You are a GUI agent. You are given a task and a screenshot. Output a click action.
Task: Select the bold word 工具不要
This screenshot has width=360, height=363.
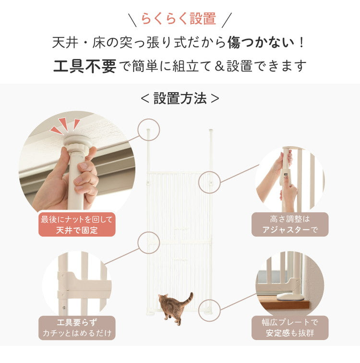pos(84,66)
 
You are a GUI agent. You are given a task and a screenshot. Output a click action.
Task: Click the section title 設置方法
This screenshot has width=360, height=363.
pos(180,99)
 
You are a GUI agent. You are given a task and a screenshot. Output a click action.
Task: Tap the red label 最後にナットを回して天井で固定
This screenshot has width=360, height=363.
pos(77,224)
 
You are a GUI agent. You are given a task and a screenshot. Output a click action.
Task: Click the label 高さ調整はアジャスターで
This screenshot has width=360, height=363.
pos(290,224)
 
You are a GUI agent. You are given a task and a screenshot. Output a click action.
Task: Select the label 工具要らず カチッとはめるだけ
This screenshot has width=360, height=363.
pos(77,328)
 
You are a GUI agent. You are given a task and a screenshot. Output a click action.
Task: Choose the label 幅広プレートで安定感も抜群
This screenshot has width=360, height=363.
pos(290,328)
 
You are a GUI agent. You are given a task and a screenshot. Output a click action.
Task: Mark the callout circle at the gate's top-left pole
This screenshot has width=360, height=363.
pos(148,129)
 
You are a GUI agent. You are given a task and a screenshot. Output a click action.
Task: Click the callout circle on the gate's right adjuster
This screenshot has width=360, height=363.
pos(209,182)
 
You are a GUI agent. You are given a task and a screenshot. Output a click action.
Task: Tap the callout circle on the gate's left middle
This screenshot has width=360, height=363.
pos(148,243)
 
